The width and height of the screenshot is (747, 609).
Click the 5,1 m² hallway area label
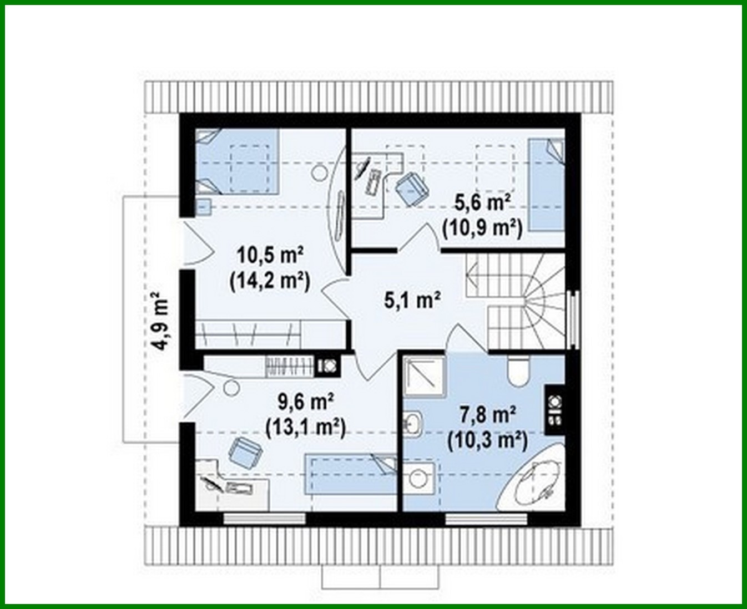tap(412, 300)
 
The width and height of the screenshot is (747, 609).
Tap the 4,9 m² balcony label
tap(160, 321)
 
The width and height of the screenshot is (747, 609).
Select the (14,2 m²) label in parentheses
tap(269, 281)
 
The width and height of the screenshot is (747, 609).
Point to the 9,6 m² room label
tap(305, 400)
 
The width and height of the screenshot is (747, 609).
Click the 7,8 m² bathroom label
tap(488, 414)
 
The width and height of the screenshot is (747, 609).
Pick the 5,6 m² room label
tap(482, 203)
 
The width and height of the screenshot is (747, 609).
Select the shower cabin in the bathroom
tap(424, 377)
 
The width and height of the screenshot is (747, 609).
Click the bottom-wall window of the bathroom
tap(486, 519)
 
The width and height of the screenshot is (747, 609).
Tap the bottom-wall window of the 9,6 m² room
tap(265, 519)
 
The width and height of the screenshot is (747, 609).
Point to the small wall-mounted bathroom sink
tap(412, 424)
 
